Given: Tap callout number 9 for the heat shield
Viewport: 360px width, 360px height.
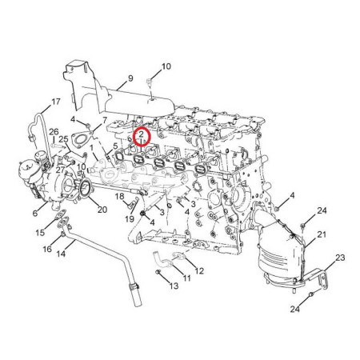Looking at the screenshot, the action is pyautogui.click(x=130, y=78).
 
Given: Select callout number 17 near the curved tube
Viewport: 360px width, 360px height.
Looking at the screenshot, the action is pyautogui.click(x=56, y=102).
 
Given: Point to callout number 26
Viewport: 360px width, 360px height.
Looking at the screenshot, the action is pyautogui.click(x=54, y=131).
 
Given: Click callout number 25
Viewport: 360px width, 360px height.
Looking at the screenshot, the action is pyautogui.click(x=64, y=139).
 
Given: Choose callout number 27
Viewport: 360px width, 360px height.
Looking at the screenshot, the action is pyautogui.click(x=60, y=170).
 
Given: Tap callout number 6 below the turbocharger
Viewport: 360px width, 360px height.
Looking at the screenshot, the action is pyautogui.click(x=35, y=213).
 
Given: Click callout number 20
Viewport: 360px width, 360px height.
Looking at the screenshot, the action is pyautogui.click(x=102, y=210).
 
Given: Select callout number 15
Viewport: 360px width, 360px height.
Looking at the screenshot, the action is pyautogui.click(x=40, y=233).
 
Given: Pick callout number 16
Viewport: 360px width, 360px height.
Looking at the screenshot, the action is pyautogui.click(x=47, y=249).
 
